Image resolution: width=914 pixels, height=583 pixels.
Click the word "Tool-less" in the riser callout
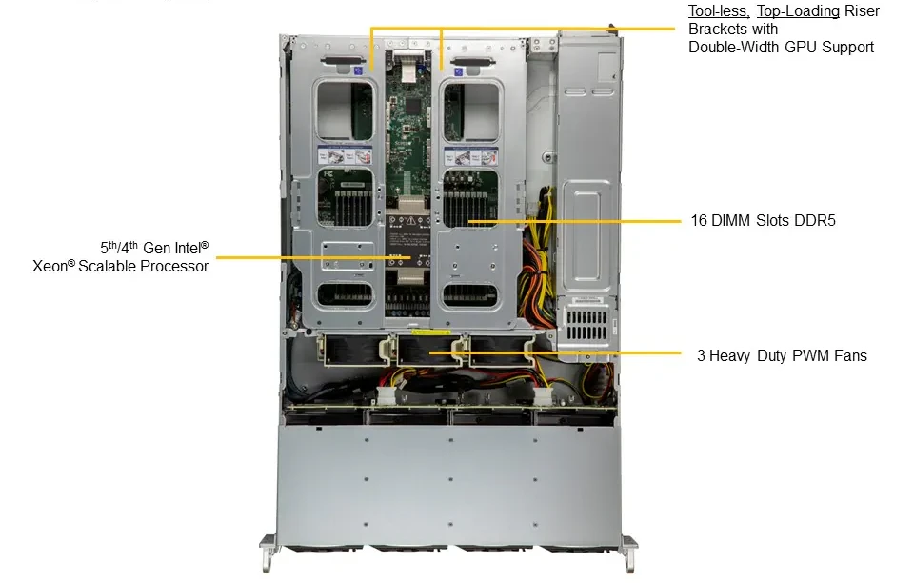pyautogui.click(x=719, y=11)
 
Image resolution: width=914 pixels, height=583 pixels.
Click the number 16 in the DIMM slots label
pyautogui.click(x=699, y=220)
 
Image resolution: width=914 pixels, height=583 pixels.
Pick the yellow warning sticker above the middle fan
pyautogui.click(x=430, y=332)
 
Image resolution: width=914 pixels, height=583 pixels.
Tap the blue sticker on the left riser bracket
pyautogui.click(x=358, y=70)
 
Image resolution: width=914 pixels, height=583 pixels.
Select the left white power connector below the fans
pyautogui.click(x=385, y=395)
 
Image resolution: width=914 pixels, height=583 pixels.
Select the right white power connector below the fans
pyautogui.click(x=542, y=396)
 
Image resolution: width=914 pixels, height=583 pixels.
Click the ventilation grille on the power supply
pyautogui.click(x=586, y=325)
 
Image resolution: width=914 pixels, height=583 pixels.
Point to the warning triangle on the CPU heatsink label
pyautogui.click(x=411, y=220)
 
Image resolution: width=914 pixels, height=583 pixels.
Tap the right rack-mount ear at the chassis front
pyautogui.click(x=629, y=553)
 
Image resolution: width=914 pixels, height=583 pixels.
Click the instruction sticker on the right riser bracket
pyautogui.click(x=471, y=156)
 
